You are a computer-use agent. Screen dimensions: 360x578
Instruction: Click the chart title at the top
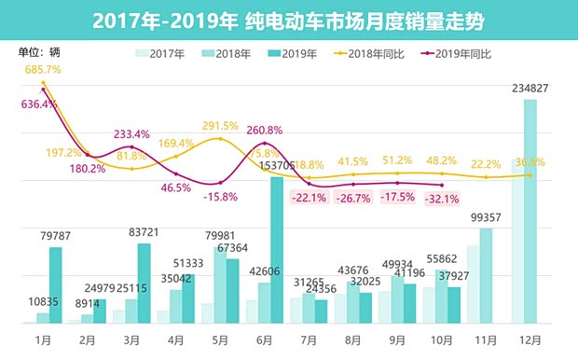coord(289,20)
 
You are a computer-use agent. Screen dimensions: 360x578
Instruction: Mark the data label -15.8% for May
coord(222,197)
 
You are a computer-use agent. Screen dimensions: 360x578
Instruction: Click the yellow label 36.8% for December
coord(533,162)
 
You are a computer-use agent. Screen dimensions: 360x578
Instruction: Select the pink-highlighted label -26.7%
coord(353,198)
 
